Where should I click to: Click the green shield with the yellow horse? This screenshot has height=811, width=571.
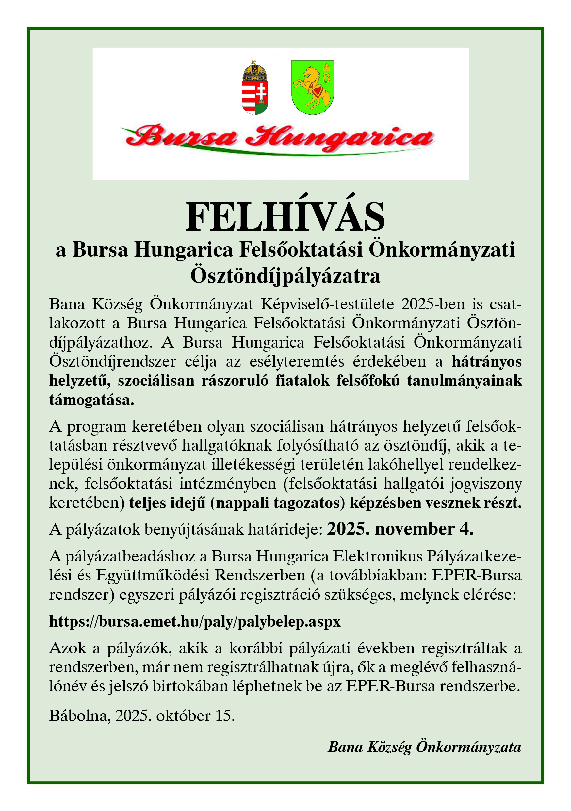point(312,88)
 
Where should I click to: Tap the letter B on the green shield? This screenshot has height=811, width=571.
point(326,78)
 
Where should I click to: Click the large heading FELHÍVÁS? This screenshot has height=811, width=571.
point(285,217)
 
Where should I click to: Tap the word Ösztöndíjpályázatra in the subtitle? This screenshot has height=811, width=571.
point(285,276)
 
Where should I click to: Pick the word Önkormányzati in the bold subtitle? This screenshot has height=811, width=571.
point(442,250)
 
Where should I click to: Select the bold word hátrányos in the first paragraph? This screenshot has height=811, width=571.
point(487,362)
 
